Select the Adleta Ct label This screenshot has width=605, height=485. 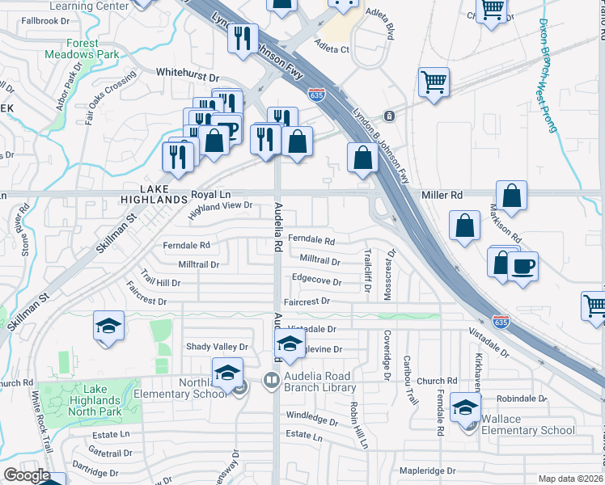click(332, 49)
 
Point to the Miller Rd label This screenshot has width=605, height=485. click(442, 196)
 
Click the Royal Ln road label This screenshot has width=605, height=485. click(211, 196)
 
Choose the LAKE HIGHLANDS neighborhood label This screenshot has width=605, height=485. click(154, 199)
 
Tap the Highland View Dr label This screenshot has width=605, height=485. click(222, 210)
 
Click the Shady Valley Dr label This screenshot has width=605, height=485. click(216, 347)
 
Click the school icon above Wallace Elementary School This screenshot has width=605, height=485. click(465, 408)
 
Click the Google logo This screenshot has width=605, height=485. click(27, 475)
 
